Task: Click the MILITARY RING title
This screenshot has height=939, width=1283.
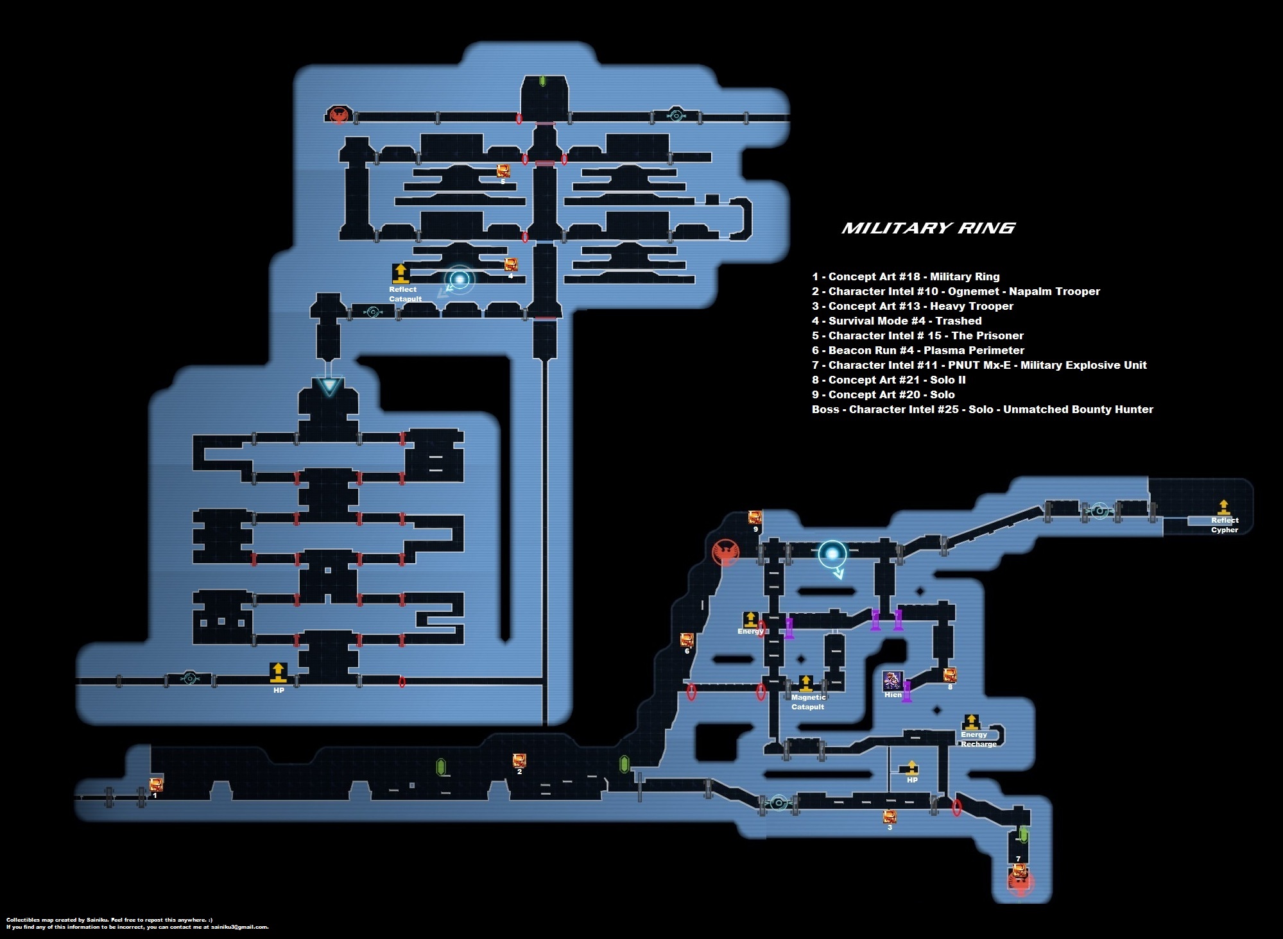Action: (x=928, y=228)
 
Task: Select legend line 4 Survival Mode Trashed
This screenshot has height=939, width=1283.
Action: (x=897, y=321)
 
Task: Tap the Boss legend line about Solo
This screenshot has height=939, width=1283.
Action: (x=982, y=409)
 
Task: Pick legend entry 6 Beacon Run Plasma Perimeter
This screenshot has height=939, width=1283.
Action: (x=918, y=350)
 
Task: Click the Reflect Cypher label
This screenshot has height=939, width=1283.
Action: (x=1225, y=525)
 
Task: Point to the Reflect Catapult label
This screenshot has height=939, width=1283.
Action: (x=405, y=294)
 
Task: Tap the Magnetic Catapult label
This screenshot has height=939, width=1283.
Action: (x=808, y=702)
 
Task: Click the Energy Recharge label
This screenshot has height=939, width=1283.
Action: (x=978, y=739)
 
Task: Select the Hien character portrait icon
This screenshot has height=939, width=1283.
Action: (x=893, y=681)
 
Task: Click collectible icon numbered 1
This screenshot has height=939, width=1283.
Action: (x=156, y=784)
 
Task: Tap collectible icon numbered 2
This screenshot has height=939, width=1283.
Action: (x=519, y=761)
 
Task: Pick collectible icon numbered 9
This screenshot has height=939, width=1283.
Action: (x=755, y=518)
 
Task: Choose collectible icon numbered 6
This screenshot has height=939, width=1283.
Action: (x=687, y=640)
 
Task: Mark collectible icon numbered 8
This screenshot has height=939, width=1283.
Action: (x=950, y=675)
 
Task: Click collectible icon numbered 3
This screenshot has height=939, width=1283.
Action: (x=890, y=816)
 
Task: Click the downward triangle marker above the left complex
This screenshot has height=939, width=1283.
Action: (x=329, y=385)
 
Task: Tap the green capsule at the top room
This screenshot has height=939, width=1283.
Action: (x=542, y=81)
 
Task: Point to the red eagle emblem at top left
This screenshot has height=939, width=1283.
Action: (x=338, y=115)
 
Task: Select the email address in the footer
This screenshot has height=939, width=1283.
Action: (x=239, y=927)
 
